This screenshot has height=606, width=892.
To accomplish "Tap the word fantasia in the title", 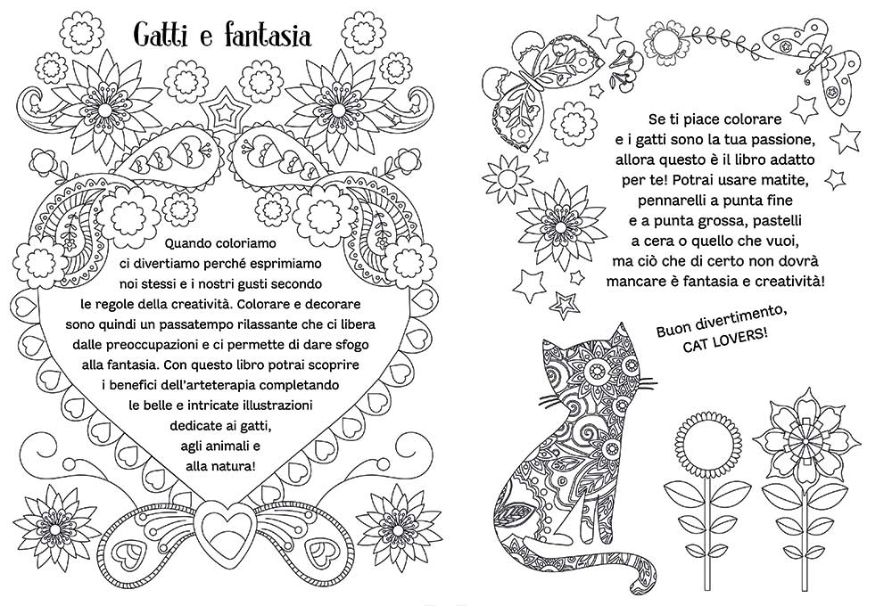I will click(x=267, y=36).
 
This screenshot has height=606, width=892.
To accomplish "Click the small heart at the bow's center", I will click(x=219, y=520).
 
